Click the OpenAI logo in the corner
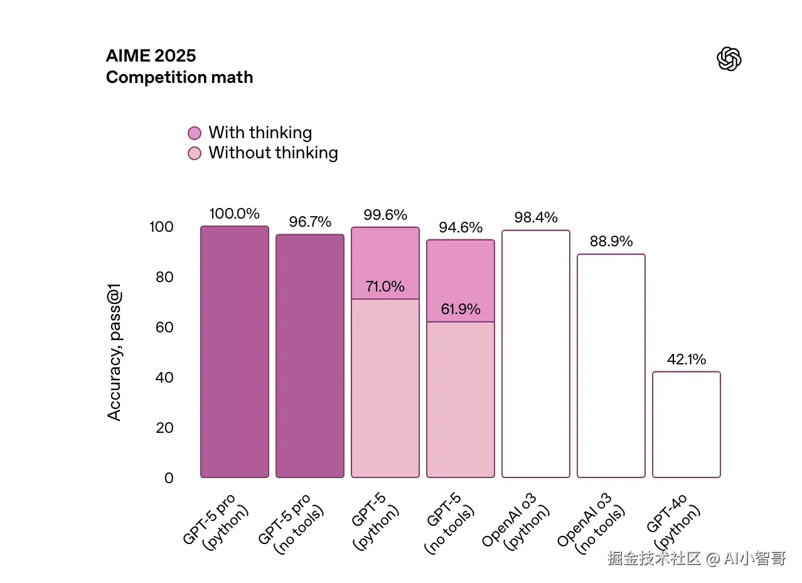click(729, 58)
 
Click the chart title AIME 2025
click(151, 55)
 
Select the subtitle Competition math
click(179, 77)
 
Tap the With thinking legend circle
click(195, 133)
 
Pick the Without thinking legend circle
click(195, 153)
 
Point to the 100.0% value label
click(234, 214)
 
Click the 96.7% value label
click(310, 222)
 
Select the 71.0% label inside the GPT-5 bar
click(385, 287)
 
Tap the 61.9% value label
click(460, 309)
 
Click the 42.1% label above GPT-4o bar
click(686, 359)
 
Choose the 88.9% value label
click(611, 242)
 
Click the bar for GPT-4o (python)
click(686, 425)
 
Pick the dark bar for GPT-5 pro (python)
click(234, 352)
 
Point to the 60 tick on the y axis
click(164, 327)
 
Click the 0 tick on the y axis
click(169, 478)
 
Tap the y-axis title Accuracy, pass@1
click(114, 352)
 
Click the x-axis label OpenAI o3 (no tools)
click(594, 525)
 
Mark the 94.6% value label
click(460, 227)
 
